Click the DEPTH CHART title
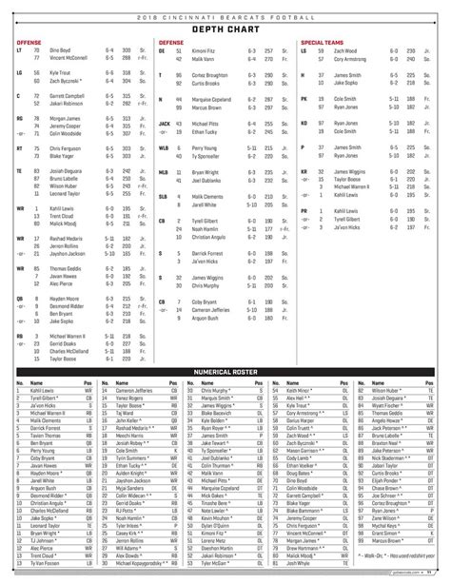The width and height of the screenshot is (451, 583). pos(225,29)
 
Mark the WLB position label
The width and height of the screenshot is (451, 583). pos(164,148)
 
